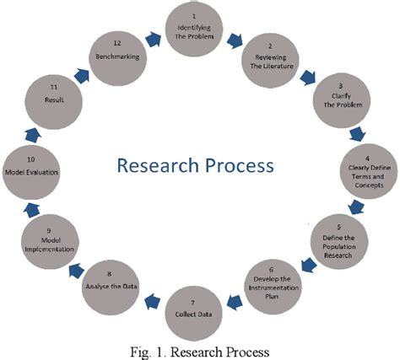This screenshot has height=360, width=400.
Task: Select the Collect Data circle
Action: coord(200,308)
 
